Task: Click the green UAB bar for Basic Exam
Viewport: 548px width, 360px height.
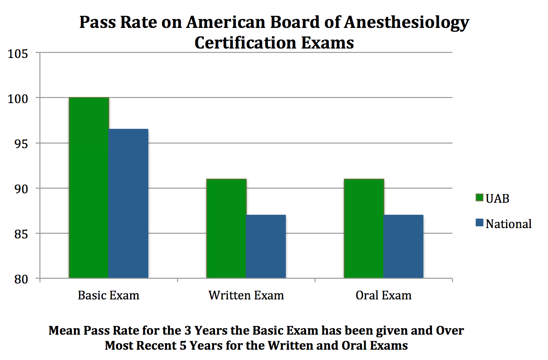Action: [x=89, y=188]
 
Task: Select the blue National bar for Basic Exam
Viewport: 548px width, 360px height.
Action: [x=128, y=203]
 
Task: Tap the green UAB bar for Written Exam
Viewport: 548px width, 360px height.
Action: [x=226, y=228]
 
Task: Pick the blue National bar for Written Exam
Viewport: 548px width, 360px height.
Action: [x=266, y=246]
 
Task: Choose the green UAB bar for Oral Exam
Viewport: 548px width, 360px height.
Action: [x=364, y=228]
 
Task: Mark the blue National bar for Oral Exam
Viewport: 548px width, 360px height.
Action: [x=403, y=246]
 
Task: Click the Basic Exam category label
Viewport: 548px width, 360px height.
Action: [x=108, y=296]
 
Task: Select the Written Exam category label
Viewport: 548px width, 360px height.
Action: [x=246, y=296]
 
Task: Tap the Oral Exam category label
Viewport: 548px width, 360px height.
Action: [x=383, y=296]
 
